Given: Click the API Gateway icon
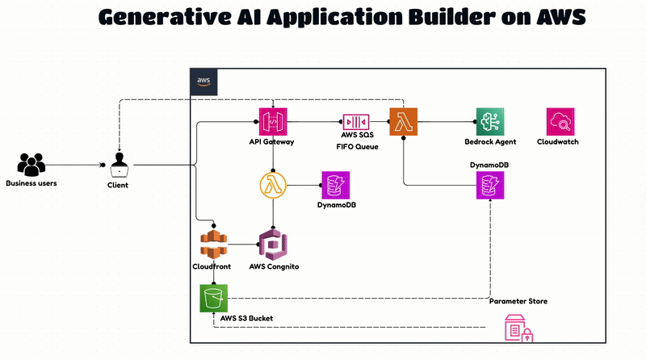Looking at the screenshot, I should [x=274, y=122].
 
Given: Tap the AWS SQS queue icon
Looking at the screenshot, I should [x=355, y=122].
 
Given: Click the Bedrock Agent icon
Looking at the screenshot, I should [x=490, y=122].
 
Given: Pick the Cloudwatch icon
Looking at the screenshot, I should [x=559, y=122].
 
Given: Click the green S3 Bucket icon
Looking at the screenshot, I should [x=214, y=299].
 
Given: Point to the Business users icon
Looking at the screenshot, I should [x=31, y=165].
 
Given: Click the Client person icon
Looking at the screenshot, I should [x=118, y=165].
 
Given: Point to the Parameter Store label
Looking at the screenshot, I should [x=518, y=301].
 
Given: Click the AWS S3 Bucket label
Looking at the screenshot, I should [x=247, y=319].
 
